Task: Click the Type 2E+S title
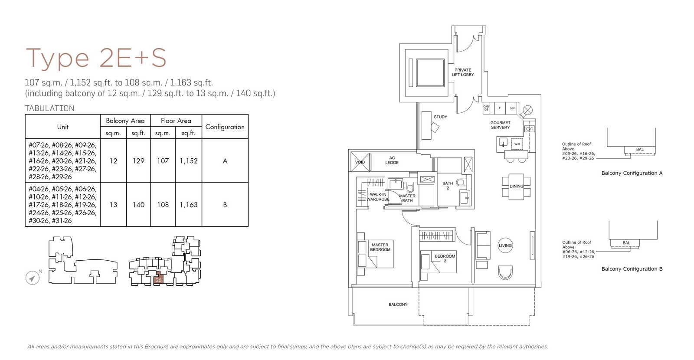pos(96,58)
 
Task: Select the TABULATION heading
pos(49,108)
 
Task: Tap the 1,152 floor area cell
pos(189,161)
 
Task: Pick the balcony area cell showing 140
pos(138,205)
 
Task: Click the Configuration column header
pos(225,127)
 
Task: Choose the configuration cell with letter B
pos(225,205)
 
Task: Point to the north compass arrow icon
pos(32,278)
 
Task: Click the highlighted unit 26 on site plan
pos(159,279)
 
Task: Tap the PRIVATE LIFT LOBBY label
pos(463,72)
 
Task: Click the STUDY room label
pos(440,117)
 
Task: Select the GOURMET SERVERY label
pos(500,125)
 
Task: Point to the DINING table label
pos(516,187)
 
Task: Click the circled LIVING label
pos(505,245)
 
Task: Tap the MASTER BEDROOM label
pos(380,247)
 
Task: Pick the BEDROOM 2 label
pos(445,259)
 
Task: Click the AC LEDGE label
pos(392,160)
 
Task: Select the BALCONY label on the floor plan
pos(398,304)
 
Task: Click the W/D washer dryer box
pos(517,144)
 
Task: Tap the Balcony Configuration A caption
pos(632,173)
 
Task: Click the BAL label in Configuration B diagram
pos(626,243)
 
